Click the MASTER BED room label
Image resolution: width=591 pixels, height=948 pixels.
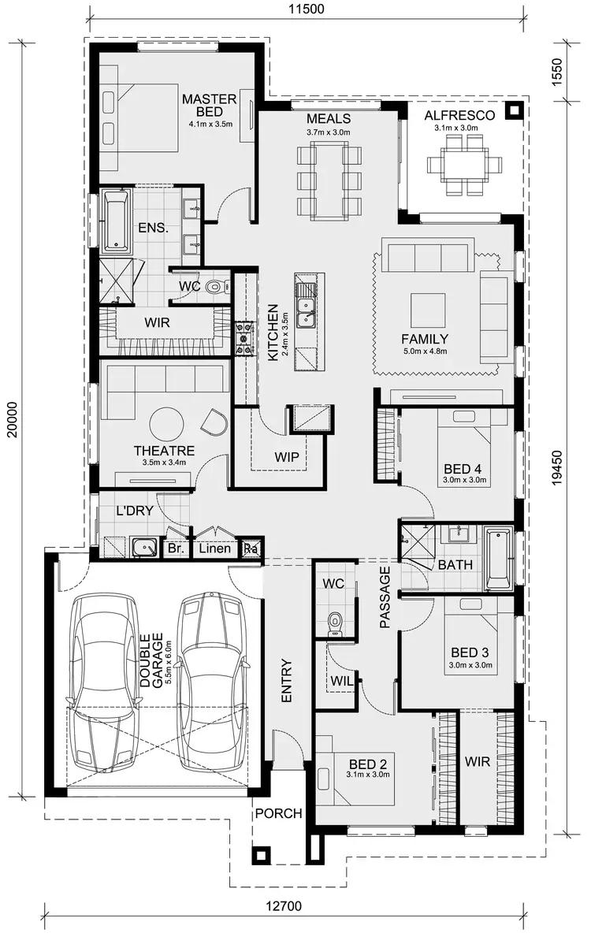[209, 105]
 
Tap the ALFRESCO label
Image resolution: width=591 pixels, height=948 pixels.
[459, 115]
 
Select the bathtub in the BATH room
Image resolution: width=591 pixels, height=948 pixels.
[498, 560]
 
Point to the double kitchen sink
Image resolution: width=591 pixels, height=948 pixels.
[305, 308]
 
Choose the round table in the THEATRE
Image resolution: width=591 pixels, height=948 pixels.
[167, 424]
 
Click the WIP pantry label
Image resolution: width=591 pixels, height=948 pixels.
[287, 456]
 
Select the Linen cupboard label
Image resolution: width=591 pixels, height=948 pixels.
[214, 548]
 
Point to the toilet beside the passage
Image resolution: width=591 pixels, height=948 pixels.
[336, 621]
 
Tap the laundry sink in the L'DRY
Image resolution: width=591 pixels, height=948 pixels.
[143, 546]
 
